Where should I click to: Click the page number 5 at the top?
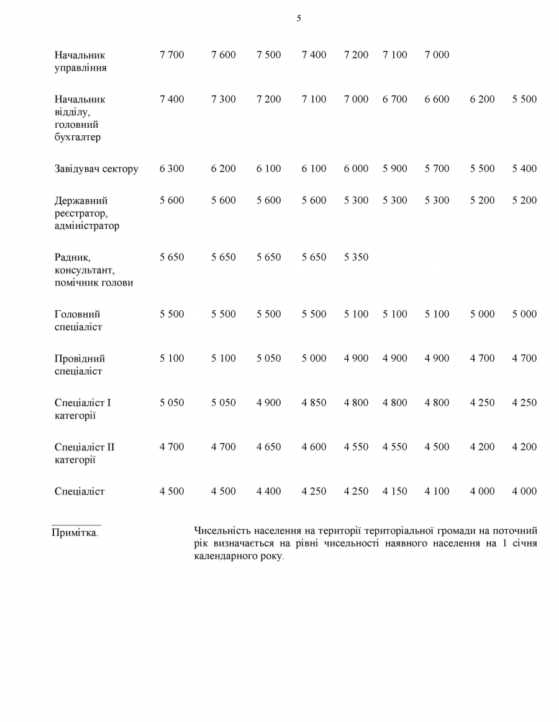coord(299,19)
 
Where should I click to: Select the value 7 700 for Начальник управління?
coord(171,55)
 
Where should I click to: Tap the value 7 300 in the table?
coord(224,99)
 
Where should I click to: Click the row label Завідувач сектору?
coord(96,169)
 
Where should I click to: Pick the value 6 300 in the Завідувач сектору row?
coord(171,169)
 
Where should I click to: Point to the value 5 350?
coord(356,257)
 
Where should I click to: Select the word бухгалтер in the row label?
coord(77,138)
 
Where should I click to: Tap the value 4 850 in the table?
coord(314,403)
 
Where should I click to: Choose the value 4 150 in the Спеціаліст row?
coord(394,491)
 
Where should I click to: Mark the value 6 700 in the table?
coord(394,99)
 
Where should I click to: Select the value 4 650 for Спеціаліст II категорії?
coord(268,447)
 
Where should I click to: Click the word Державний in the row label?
coord(81,201)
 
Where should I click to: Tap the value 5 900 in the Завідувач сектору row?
coord(394,169)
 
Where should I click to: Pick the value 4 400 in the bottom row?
coord(268,491)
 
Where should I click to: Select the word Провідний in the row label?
coord(80,359)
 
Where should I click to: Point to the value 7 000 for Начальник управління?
coord(437,55)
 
